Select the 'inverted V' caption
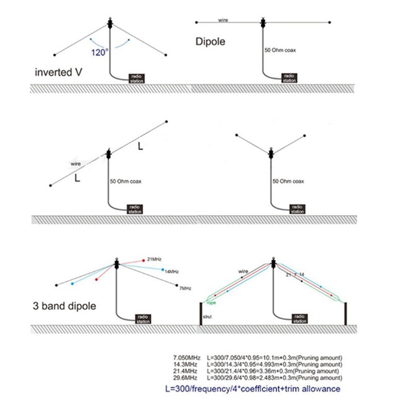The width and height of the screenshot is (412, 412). click(59, 72)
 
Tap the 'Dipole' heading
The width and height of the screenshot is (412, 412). click(210, 42)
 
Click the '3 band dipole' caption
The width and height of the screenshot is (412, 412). click(64, 306)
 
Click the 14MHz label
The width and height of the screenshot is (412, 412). click(172, 271)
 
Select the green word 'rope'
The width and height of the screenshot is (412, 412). click(211, 303)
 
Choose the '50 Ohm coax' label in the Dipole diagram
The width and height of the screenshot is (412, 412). click(280, 50)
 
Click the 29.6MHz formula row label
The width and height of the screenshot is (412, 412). click(185, 377)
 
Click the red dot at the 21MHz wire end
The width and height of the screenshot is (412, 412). click(144, 260)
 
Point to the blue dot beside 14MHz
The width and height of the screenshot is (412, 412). click(163, 270)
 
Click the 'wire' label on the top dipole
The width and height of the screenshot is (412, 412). click(223, 20)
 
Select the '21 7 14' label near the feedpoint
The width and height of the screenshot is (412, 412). click(295, 274)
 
